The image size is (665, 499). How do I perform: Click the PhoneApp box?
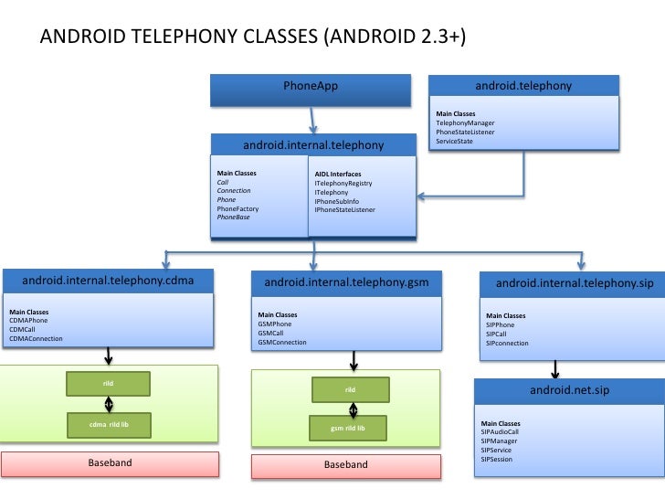click(311, 88)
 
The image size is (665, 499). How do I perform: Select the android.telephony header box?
click(523, 87)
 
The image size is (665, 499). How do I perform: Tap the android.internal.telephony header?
click(313, 145)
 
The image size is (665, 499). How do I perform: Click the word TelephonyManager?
click(465, 122)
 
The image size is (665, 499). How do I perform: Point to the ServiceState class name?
click(454, 141)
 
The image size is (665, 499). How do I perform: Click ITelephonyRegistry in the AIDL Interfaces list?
click(343, 184)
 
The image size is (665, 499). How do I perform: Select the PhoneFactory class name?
click(237, 209)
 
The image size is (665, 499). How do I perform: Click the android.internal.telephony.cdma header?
click(108, 280)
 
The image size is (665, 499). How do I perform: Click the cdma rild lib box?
click(109, 424)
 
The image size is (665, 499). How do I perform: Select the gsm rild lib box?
click(347, 428)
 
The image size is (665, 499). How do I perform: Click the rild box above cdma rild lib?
click(109, 382)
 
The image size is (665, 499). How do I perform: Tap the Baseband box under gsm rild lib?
click(346, 465)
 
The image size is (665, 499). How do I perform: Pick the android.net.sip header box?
click(569, 390)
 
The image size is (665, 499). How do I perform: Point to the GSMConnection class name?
click(282, 343)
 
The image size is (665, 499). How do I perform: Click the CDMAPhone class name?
click(28, 322)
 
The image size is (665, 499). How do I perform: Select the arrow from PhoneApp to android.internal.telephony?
click(313, 119)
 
